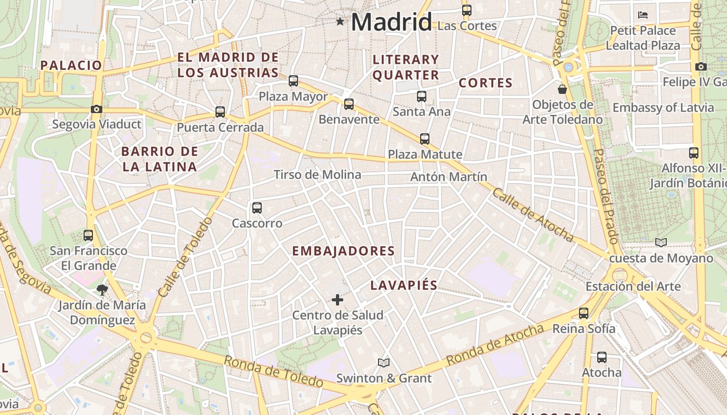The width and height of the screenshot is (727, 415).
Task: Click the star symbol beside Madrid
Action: [340, 21]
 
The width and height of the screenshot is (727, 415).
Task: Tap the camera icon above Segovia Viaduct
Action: [96, 109]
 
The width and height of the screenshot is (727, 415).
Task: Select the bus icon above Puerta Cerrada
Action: [220, 112]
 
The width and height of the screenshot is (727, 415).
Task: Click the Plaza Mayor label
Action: [293, 96]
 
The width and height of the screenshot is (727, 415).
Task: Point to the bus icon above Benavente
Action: [349, 104]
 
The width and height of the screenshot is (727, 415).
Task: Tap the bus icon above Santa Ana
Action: [422, 96]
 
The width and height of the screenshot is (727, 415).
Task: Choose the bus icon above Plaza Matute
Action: [425, 139]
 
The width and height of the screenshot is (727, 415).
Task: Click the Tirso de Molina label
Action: [317, 175]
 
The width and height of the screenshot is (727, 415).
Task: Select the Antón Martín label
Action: [449, 177]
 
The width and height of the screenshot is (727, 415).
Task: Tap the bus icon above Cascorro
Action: [257, 208]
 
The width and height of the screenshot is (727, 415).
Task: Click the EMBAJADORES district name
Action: [343, 251]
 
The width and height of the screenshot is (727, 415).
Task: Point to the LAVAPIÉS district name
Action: [404, 285]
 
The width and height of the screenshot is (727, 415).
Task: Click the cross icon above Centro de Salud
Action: [338, 299]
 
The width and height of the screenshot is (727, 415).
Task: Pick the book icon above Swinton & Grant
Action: [384, 363]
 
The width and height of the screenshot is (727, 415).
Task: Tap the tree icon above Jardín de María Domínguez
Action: [102, 289]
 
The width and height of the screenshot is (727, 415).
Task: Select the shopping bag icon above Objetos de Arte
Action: [562, 89]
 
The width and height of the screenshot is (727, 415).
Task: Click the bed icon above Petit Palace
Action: [643, 15]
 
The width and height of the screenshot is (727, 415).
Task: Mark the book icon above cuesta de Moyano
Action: [661, 242]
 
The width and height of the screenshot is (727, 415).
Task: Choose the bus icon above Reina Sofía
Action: [584, 313]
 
